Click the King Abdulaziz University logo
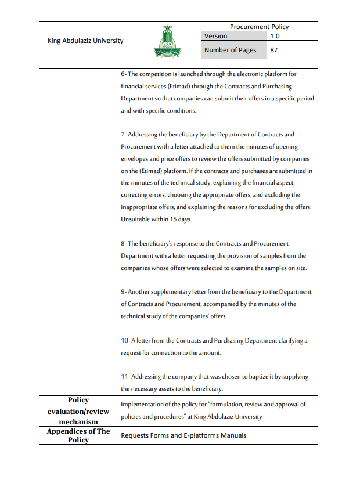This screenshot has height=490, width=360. tap(167, 40)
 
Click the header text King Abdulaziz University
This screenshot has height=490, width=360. tap(85, 41)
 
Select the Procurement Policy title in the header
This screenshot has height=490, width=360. tap(259, 27)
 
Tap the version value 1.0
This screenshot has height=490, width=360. tap(275, 36)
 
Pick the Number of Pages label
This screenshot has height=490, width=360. tap(230, 50)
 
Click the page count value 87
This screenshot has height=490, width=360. tap(275, 50)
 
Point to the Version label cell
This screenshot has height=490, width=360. tap(215, 36)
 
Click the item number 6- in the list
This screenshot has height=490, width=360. tap(124, 74)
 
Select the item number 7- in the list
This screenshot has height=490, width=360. tap(124, 134)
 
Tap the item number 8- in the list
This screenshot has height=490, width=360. tap(124, 243)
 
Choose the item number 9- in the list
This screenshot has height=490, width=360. tap(124, 291)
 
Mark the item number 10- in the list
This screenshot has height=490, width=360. tap(125, 340)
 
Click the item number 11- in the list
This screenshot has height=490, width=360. tap(125, 377)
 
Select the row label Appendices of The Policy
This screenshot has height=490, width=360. tap(78, 435)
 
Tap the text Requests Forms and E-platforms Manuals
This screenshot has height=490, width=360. tap(183, 435)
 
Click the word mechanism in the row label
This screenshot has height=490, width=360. tap(78, 421)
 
